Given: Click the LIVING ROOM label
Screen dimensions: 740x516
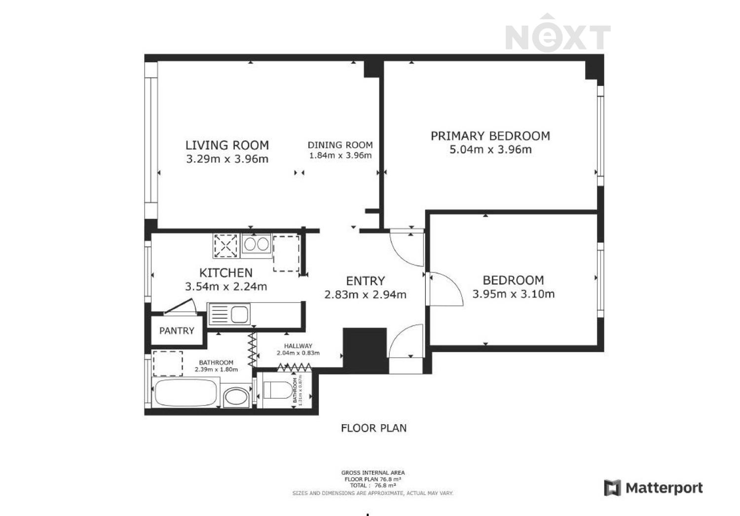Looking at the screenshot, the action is coord(227,146).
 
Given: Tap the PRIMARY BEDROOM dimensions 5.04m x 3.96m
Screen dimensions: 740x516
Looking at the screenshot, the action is coord(490,149).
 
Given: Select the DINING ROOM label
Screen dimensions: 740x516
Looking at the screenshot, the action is coord(340,145).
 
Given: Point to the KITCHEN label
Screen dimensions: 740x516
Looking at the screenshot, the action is coord(226,273).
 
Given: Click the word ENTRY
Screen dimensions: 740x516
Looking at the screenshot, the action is coord(366,281).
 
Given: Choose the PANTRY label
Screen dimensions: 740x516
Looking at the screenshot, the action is coord(177,331).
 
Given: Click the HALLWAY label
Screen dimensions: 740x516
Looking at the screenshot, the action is coord(298,346).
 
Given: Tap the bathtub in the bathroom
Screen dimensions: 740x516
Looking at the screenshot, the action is coord(185,393).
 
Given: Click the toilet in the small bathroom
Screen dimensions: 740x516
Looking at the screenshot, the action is coord(277,390).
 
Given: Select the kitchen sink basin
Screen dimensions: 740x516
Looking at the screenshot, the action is coord(239,314).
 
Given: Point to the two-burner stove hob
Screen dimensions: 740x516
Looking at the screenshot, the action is coord(257,245).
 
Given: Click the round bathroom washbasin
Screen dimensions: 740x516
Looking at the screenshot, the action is coord(236,397).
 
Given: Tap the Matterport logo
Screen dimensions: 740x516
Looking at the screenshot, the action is coord(654,488).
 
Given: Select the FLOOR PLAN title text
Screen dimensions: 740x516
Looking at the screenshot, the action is coord(373,428).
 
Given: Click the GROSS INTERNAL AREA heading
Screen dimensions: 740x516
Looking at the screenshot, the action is coord(373,473).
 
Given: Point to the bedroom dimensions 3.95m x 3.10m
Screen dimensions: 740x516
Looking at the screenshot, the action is coord(514,294).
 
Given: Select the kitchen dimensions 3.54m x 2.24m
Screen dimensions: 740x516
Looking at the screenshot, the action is coord(226,287).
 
